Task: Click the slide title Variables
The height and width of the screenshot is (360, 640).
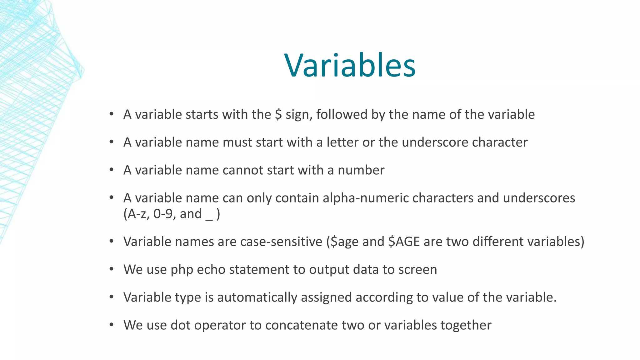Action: coord(350,66)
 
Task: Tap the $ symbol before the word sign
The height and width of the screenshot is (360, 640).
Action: coord(278,114)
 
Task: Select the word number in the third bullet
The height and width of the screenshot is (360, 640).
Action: coord(361,170)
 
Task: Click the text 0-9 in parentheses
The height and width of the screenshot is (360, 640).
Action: coord(162,214)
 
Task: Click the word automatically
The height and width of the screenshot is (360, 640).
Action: coord(257,297)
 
